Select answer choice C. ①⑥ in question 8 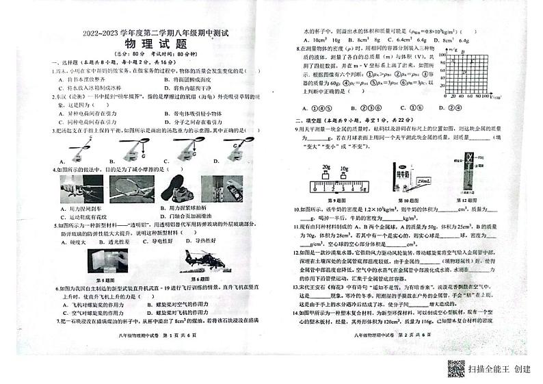(409, 107)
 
